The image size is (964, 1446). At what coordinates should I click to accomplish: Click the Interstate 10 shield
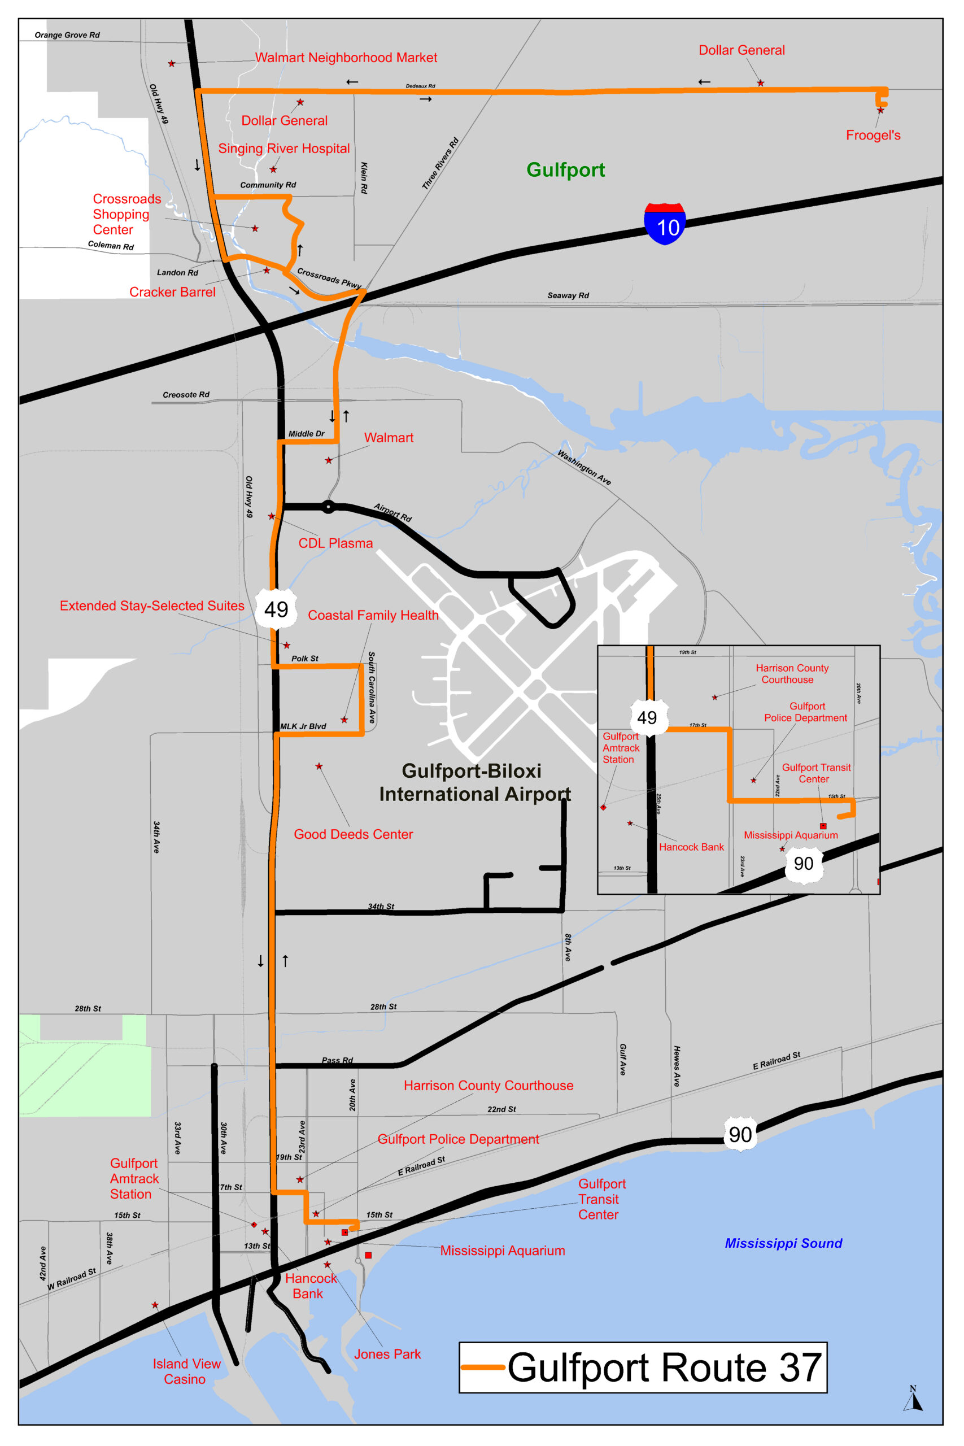(x=665, y=224)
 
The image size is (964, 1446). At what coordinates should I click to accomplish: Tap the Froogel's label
(x=873, y=135)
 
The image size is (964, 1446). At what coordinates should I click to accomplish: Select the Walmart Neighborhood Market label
(x=346, y=58)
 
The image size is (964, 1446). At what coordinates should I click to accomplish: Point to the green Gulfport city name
(x=566, y=169)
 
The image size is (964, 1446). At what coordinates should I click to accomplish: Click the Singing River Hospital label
(x=284, y=149)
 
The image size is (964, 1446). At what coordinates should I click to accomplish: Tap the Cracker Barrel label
(x=172, y=292)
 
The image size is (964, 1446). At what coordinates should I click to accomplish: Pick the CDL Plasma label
(x=335, y=543)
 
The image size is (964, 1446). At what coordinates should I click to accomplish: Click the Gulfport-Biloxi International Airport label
(x=474, y=783)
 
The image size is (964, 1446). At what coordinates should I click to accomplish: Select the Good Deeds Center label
(x=354, y=834)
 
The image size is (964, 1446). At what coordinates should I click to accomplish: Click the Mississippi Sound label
(x=783, y=1243)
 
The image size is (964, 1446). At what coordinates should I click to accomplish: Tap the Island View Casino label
(x=186, y=1371)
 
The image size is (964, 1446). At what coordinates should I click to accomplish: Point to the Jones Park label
(x=387, y=1354)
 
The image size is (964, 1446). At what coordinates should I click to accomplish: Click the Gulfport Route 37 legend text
(x=664, y=1368)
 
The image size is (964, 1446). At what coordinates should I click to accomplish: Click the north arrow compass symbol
(x=913, y=1399)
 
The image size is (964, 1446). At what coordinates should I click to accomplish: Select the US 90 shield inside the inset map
(x=804, y=864)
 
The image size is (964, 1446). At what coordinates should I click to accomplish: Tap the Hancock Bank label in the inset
(x=691, y=847)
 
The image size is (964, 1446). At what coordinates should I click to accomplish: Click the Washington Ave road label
(x=583, y=468)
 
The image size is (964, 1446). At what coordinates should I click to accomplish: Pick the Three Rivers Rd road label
(x=441, y=164)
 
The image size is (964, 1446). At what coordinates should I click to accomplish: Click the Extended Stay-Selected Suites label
(x=152, y=606)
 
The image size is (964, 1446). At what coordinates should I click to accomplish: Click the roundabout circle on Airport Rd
(x=329, y=507)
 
